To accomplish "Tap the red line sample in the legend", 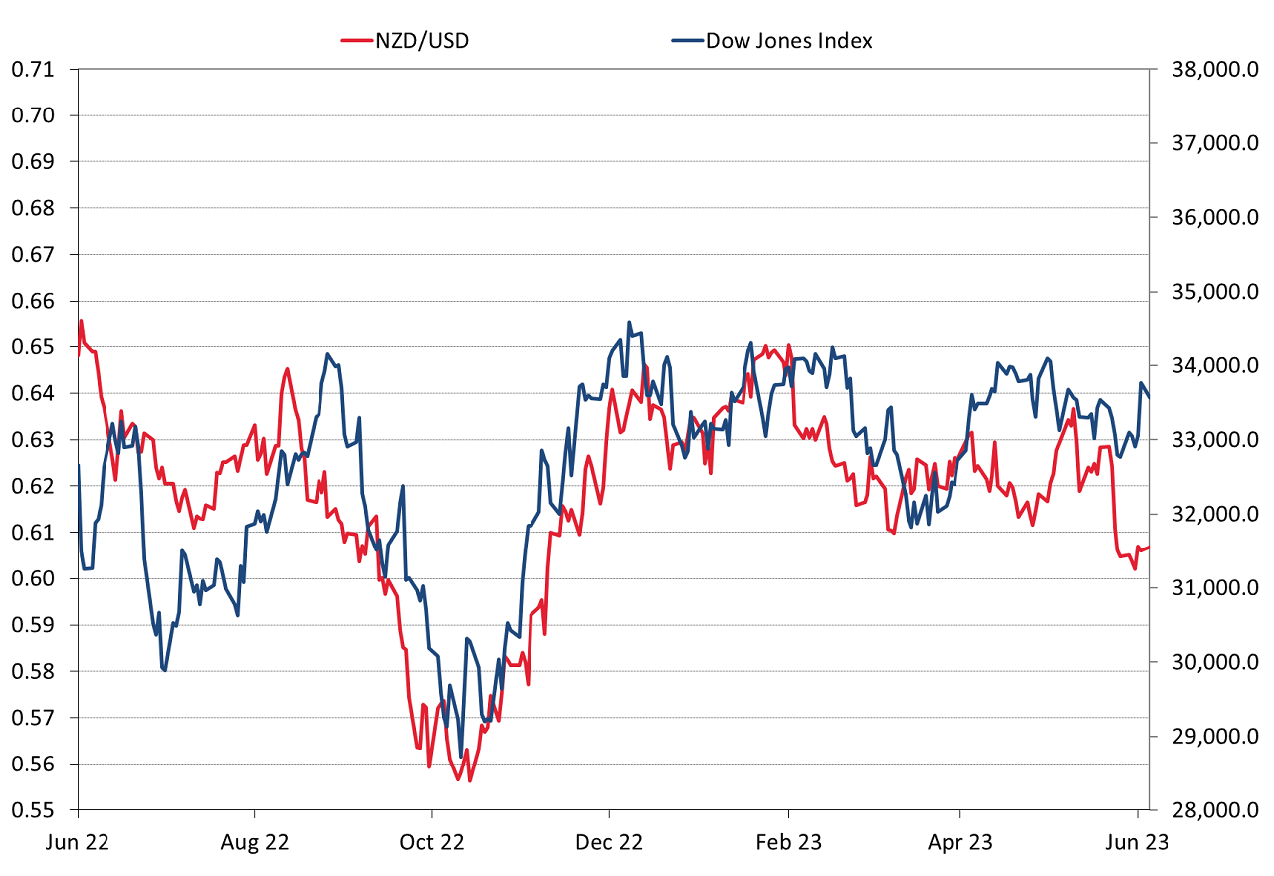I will click(355, 41).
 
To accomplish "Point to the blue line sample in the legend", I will click(686, 41).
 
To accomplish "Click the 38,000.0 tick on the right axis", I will click(1210, 70).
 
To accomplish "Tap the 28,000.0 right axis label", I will click(1210, 810).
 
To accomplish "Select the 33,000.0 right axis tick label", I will click(1210, 440).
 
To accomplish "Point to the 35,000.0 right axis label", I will click(1210, 292).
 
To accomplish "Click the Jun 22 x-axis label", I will click(78, 842).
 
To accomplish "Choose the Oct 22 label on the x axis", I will click(431, 842).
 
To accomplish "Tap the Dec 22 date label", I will click(609, 842).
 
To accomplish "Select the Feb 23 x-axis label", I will click(788, 842).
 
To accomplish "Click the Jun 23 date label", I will click(1138, 842).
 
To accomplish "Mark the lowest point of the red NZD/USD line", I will click(469, 780).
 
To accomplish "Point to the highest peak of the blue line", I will click(629, 322).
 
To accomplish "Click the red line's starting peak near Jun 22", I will click(81, 321).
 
